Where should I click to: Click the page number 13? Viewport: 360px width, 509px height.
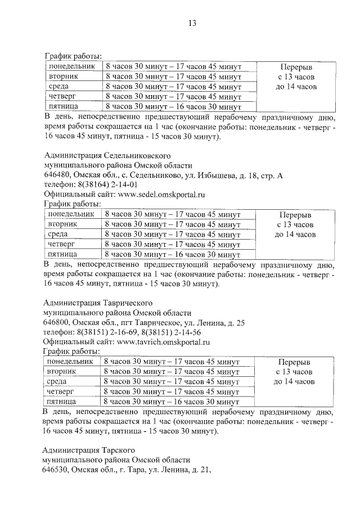(x=191, y=23)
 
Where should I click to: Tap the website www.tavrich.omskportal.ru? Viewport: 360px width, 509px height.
(x=163, y=341)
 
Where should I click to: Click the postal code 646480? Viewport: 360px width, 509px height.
(x=56, y=175)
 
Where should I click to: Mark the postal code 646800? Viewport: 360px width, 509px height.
(x=56, y=322)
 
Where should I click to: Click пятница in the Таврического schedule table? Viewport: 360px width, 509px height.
(x=62, y=402)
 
